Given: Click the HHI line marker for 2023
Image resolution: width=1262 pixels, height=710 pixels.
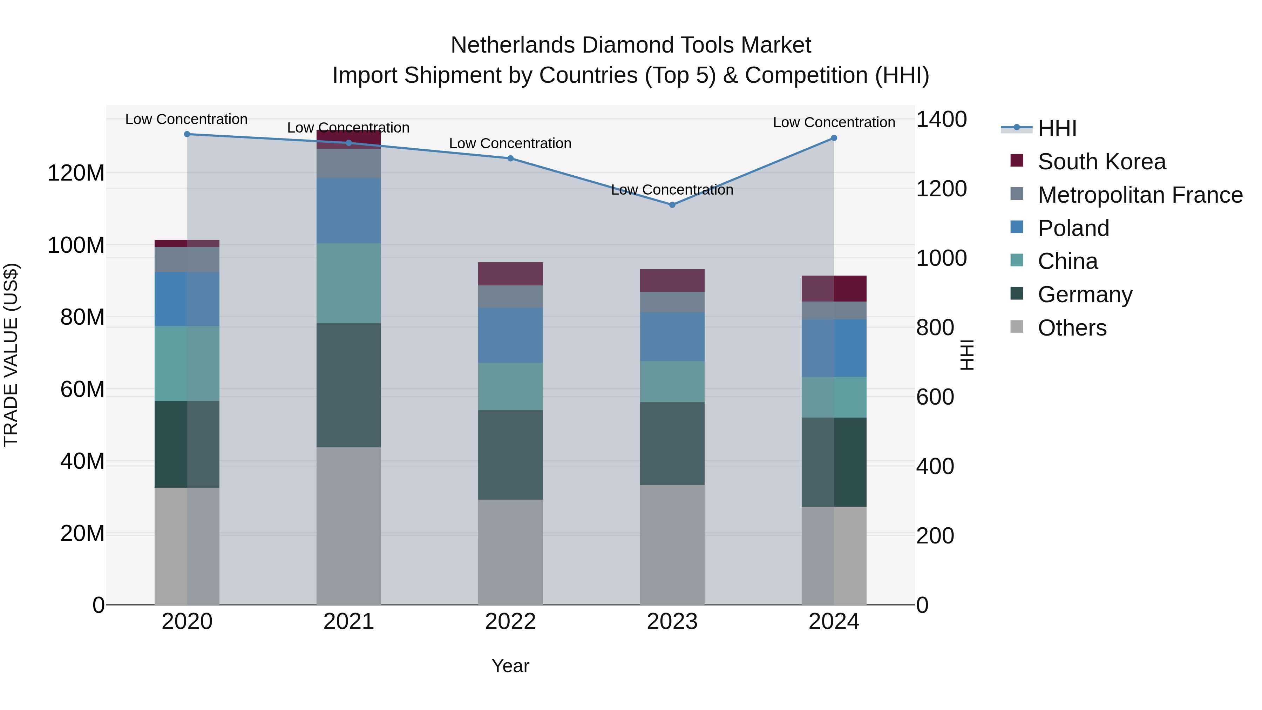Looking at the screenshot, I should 672,205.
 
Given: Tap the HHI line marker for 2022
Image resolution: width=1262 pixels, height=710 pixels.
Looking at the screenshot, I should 510,158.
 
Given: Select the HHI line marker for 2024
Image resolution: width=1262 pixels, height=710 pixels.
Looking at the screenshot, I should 834,138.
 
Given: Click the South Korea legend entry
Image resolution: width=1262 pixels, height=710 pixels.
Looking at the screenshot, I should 1101,162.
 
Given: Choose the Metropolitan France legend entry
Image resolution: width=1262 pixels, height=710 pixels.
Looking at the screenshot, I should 1140,195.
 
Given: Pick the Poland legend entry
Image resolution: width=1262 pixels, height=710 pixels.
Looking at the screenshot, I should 1073,228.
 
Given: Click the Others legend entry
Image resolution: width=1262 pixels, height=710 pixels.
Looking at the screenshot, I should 1072,328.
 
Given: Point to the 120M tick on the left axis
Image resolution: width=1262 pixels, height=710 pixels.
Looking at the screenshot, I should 76,174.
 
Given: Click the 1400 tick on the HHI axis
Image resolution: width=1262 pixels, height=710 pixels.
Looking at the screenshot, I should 941,120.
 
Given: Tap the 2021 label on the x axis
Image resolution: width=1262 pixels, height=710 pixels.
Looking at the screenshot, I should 349,622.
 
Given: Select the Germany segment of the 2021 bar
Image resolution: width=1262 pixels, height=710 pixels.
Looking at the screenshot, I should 349,385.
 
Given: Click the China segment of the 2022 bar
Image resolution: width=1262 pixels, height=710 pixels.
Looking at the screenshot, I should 510,387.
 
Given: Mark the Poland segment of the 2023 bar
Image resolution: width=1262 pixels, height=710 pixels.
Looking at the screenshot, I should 672,337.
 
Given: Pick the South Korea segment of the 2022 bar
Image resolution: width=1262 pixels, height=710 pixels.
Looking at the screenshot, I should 510,274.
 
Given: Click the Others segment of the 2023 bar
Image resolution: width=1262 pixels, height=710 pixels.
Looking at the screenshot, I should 672,545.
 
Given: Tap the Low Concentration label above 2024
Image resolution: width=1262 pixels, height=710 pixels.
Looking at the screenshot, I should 834,122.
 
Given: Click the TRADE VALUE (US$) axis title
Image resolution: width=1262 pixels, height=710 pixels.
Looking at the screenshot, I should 11,355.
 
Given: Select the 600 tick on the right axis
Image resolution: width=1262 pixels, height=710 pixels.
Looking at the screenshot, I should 935,397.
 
